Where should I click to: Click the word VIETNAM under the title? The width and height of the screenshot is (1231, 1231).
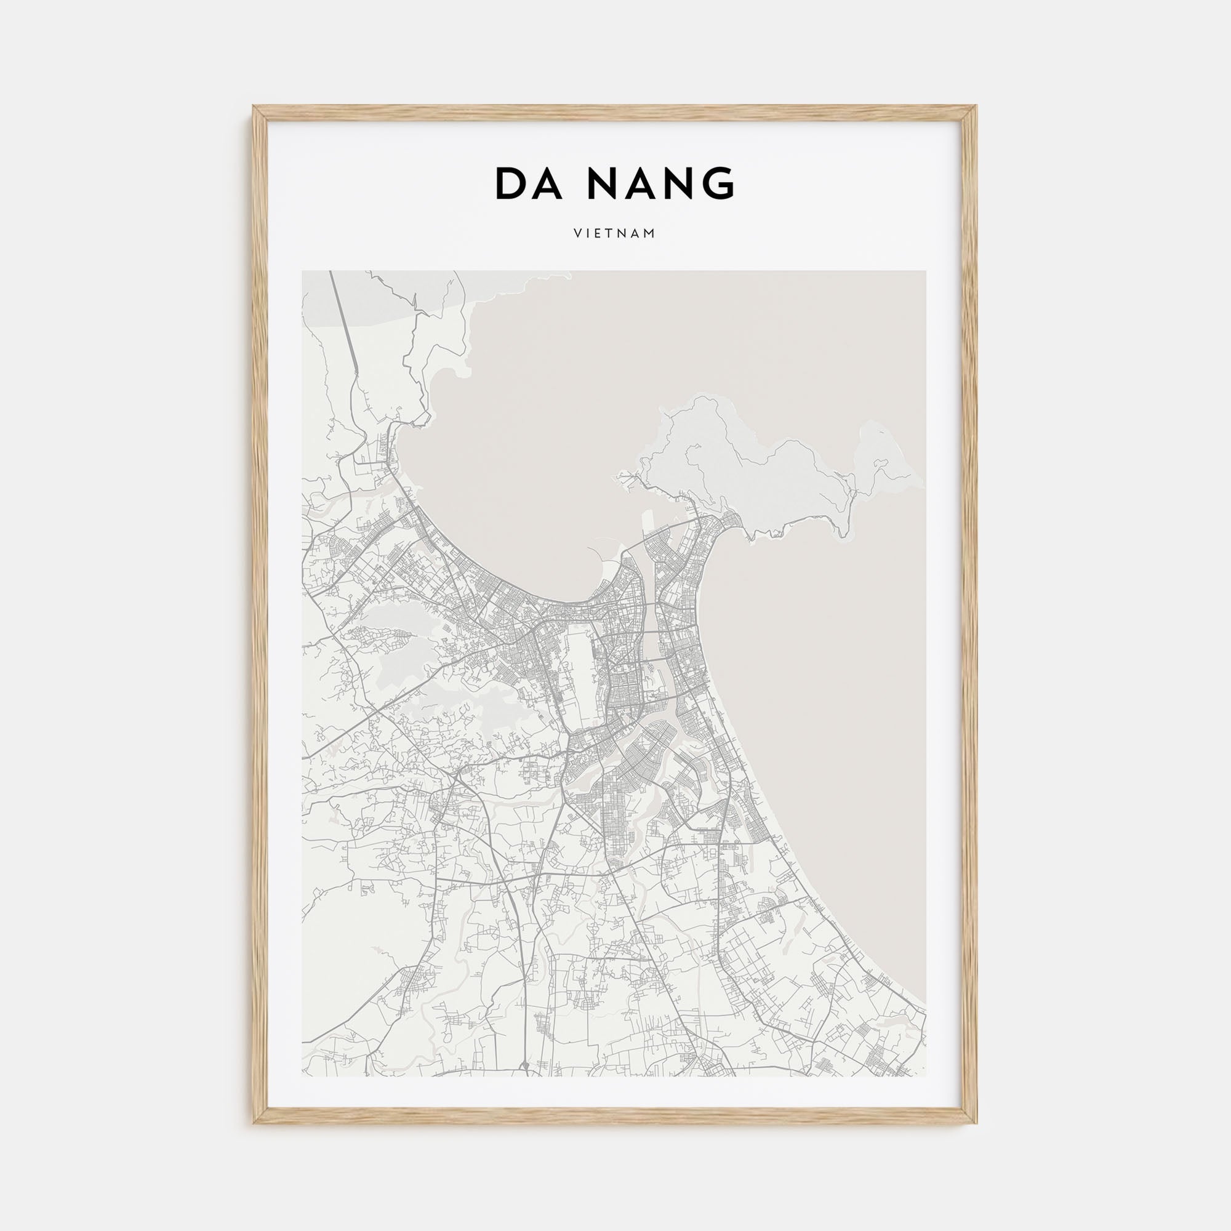[615, 234]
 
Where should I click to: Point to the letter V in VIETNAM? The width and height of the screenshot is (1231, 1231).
[577, 234]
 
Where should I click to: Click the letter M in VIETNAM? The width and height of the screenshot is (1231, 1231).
[651, 234]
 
